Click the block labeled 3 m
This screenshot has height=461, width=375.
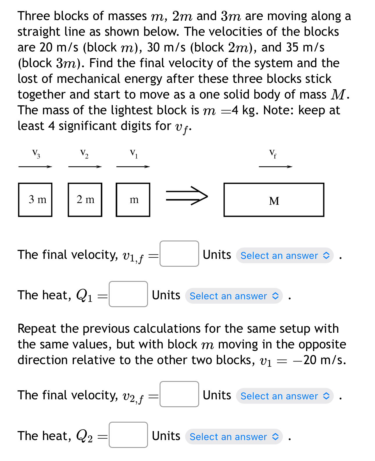[35, 200]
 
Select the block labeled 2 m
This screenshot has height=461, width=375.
[85, 200]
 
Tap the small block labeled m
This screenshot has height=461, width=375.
[133, 200]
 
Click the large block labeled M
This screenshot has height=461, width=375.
[274, 200]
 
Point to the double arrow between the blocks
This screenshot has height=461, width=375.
[187, 196]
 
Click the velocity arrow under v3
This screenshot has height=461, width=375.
[35, 167]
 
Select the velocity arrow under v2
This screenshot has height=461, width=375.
[85, 167]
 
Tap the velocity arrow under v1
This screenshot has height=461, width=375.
[133, 167]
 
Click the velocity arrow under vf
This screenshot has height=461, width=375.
[275, 167]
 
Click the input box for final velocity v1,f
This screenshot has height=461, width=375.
[179, 254]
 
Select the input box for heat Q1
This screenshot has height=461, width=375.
[128, 294]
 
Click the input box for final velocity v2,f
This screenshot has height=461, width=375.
[179, 394]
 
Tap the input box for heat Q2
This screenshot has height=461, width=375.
[128, 435]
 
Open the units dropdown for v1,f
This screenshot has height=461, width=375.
[285, 256]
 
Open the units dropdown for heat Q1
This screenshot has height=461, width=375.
[234, 296]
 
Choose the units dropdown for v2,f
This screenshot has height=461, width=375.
[285, 396]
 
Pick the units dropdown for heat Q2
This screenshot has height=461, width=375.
[234, 437]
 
